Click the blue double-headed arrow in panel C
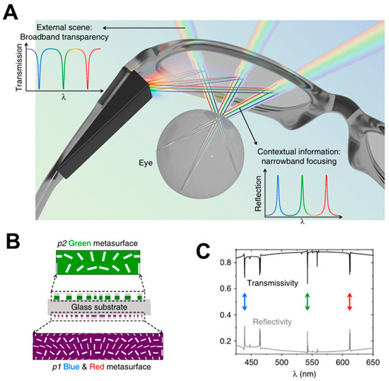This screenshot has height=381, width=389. click(244, 302)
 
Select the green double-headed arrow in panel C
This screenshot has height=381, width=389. click(308, 302)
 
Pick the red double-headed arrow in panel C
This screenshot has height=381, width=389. click(349, 302)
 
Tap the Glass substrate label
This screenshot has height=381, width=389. click(98, 307)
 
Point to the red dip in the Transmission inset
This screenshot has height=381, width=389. click(87, 85)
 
